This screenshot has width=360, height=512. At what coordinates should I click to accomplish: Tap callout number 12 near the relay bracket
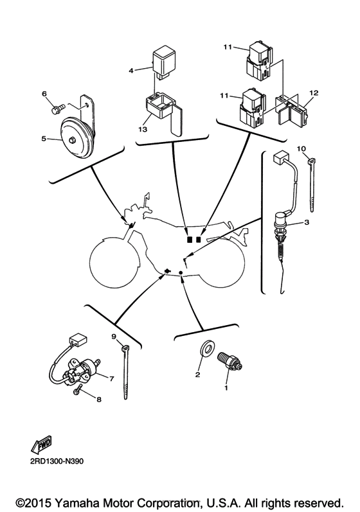[314, 93]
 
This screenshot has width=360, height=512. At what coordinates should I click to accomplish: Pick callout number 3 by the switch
[307, 222]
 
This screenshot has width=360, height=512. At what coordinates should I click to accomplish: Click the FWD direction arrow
[40, 445]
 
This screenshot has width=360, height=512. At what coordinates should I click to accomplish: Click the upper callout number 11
[227, 48]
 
